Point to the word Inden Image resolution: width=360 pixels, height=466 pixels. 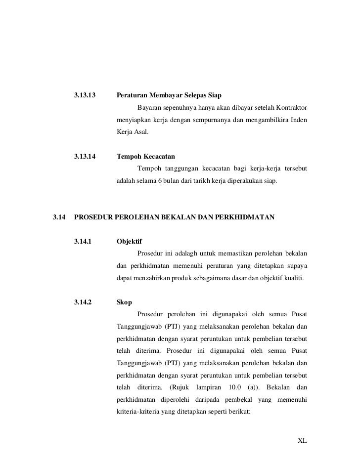299,120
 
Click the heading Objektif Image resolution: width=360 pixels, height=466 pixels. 129,242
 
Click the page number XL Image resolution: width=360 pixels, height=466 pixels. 302,440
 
